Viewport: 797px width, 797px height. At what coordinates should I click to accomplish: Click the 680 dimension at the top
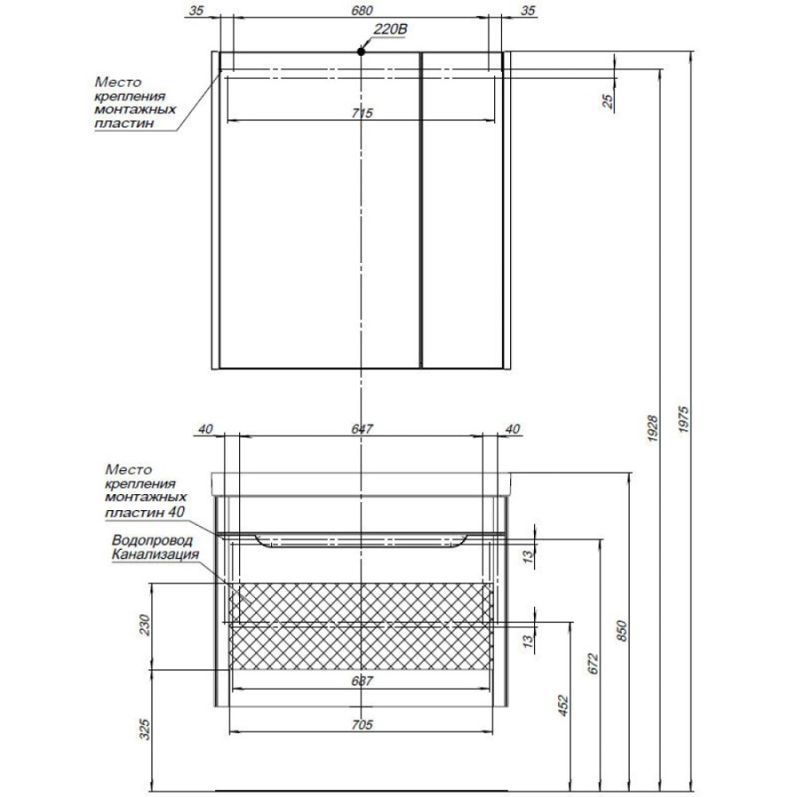coord(362,10)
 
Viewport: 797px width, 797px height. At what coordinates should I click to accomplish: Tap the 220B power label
coord(391,29)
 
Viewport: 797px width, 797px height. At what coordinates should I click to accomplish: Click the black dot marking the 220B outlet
coord(361,51)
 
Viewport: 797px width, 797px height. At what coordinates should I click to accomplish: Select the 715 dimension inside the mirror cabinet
coord(362,112)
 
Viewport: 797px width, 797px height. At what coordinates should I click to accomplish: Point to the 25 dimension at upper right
coord(607,101)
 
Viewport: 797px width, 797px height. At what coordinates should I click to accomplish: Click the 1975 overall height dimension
coord(684,419)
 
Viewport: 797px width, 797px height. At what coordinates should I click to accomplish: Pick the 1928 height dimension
coord(653,428)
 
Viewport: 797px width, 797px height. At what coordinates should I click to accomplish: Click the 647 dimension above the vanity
coord(362,429)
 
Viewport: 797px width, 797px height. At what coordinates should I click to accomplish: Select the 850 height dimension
coord(623,631)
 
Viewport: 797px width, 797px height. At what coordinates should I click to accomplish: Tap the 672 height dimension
coord(593,664)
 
